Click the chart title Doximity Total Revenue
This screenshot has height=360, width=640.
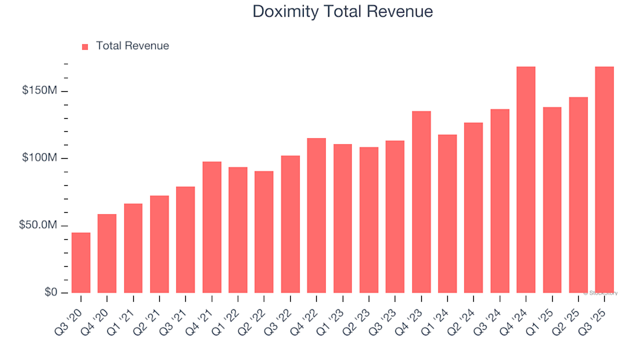point(343,11)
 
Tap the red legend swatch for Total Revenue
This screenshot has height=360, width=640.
point(85,47)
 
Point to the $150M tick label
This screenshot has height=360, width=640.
point(41,91)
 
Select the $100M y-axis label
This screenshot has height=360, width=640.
point(41,158)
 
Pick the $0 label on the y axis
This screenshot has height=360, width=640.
point(51,293)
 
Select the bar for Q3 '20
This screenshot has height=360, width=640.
point(81,263)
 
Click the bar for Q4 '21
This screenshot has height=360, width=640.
point(212,227)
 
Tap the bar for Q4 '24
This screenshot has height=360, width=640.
point(526,180)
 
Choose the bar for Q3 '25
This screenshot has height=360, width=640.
point(605,180)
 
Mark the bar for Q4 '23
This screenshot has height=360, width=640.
point(421,202)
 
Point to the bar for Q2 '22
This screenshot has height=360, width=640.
point(264,232)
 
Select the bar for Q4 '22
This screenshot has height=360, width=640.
point(317,215)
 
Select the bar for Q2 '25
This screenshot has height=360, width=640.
point(579,195)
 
